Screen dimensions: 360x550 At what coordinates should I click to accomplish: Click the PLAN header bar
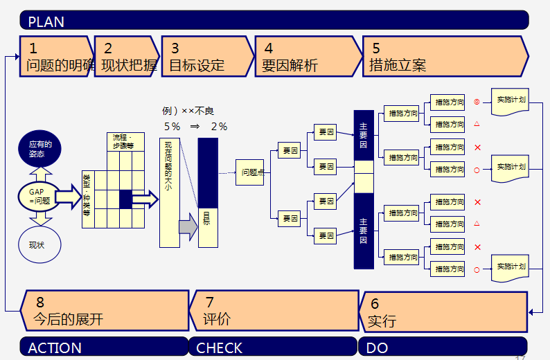pyautogui.click(x=274, y=20)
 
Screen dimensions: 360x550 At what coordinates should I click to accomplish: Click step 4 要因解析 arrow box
pyautogui.click(x=305, y=56)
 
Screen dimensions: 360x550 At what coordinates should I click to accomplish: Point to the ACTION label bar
pyautogui.click(x=104, y=347)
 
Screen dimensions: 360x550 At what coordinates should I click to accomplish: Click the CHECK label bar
pyautogui.click(x=273, y=347)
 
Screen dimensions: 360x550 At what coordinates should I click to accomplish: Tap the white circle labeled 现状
pyautogui.click(x=39, y=244)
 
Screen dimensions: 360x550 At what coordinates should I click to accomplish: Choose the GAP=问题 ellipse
pyautogui.click(x=39, y=195)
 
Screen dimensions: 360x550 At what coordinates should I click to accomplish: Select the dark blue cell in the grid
pyautogui.click(x=125, y=199)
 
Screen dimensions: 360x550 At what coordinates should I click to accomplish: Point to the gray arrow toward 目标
pyautogui.click(x=188, y=226)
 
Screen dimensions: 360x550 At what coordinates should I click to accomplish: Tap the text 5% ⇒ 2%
pyautogui.click(x=195, y=127)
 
